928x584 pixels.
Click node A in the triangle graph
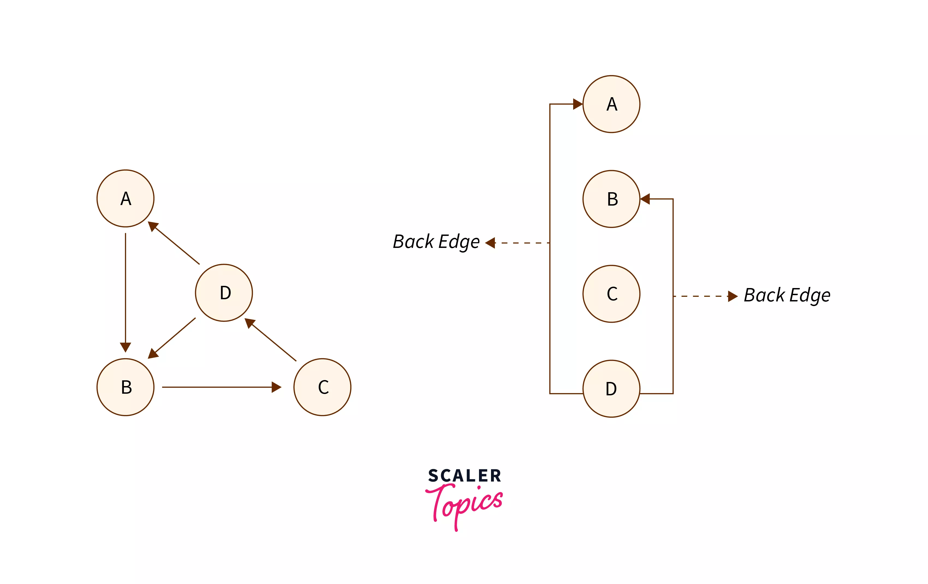coord(125,198)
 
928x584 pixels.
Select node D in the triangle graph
coord(224,293)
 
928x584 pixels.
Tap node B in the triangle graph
coord(125,387)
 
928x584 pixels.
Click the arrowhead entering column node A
coord(577,104)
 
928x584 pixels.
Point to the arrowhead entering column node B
coord(645,199)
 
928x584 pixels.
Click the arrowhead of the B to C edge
coord(276,387)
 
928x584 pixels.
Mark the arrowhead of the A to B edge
coord(125,347)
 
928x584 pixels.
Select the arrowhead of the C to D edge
coord(250,323)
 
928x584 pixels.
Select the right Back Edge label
coord(787,296)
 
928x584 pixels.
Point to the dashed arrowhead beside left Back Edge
coord(490,243)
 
